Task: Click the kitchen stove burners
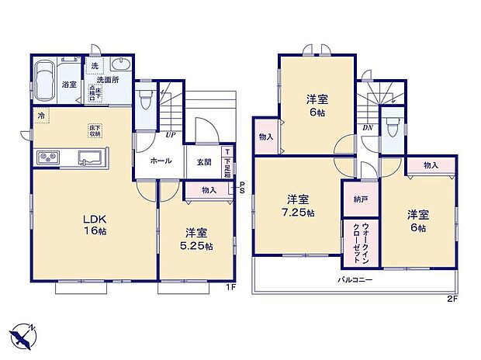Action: (44, 157)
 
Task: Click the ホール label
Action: (161, 161)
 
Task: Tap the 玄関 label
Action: (204, 161)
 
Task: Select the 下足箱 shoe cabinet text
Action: (227, 164)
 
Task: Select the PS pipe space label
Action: (243, 188)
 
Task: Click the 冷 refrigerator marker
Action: (40, 116)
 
